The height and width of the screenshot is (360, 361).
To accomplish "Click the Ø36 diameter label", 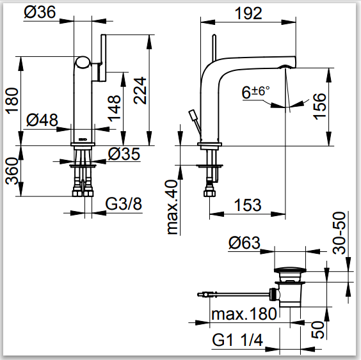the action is (x=40, y=12).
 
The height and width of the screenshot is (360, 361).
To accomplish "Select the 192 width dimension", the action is (x=248, y=13).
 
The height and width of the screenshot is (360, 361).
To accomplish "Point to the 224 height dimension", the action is (x=140, y=91).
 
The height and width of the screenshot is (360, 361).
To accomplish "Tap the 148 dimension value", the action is (x=114, y=108).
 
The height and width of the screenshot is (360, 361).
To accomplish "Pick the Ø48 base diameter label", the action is (x=42, y=120).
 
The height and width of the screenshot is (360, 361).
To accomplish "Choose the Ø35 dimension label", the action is (x=124, y=153).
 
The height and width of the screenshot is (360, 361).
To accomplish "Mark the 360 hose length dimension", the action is (x=12, y=171).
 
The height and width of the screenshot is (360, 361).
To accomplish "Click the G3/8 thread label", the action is (x=124, y=203).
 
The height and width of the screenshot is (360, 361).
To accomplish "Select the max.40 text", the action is (x=172, y=207).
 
